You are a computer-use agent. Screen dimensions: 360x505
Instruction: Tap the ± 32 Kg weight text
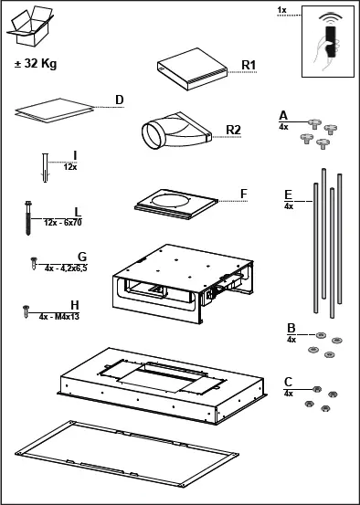(x=36, y=63)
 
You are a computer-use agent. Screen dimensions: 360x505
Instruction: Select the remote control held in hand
(x=331, y=42)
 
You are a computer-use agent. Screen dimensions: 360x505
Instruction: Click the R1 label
(x=249, y=65)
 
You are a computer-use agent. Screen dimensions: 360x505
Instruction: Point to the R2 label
(x=233, y=130)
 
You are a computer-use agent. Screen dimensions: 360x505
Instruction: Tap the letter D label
(x=120, y=100)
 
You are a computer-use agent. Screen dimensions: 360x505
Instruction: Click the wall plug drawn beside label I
(x=45, y=168)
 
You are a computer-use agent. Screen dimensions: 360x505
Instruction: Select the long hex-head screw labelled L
(x=28, y=218)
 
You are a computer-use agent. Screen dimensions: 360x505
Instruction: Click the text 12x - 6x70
(x=63, y=223)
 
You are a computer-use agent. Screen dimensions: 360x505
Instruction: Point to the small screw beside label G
(x=34, y=263)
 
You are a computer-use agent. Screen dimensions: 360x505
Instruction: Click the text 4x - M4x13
(x=59, y=317)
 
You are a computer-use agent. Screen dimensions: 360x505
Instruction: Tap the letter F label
(x=244, y=194)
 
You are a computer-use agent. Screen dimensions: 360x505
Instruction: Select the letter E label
(x=288, y=195)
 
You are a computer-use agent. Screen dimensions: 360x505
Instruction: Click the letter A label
(x=283, y=116)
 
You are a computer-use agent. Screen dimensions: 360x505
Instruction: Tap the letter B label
(x=291, y=329)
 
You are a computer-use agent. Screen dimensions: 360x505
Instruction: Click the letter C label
(x=288, y=383)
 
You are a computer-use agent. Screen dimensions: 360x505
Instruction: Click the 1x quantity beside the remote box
(x=281, y=10)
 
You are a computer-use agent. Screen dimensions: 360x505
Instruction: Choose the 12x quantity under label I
(x=70, y=167)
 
